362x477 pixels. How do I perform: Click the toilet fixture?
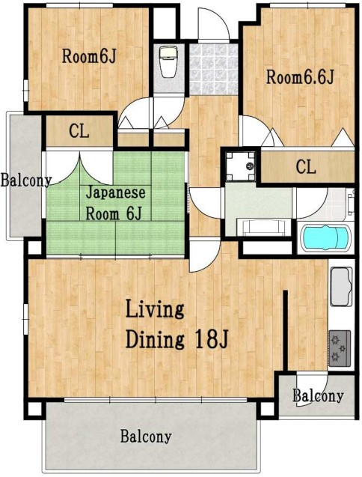point(168,61)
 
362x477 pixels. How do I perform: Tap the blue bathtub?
point(325,237)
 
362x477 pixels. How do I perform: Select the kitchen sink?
point(341,286)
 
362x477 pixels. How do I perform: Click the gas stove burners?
point(340,348)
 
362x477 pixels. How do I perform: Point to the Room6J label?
point(89,56)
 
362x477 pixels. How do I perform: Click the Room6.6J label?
point(300,76)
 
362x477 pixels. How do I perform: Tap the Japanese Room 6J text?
point(115,203)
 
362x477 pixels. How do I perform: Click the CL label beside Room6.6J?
point(306,167)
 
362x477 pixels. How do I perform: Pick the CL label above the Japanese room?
point(79,131)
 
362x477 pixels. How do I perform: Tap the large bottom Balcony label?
point(146,437)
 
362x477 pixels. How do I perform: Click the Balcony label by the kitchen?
point(318,396)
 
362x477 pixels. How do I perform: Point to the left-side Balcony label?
point(26,180)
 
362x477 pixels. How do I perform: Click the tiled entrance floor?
point(213,70)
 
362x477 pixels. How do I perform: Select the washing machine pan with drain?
point(240,166)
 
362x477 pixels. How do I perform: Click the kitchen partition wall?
point(286,330)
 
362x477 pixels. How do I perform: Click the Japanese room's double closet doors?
point(79,168)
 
